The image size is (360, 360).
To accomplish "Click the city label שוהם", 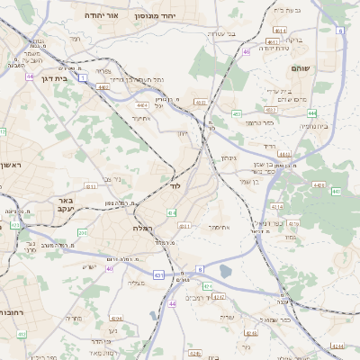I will [x=300, y=68].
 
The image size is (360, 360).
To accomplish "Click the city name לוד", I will [x=175, y=184].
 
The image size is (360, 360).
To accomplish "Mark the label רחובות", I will [x=12, y=312].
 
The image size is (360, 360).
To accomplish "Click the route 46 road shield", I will [x=246, y=51].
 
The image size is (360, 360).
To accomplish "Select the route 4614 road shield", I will [x=281, y=31].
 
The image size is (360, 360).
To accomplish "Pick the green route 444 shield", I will [x=310, y=113].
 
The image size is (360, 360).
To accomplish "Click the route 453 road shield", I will [x=236, y=113].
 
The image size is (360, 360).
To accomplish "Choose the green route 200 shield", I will [x=82, y=233].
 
